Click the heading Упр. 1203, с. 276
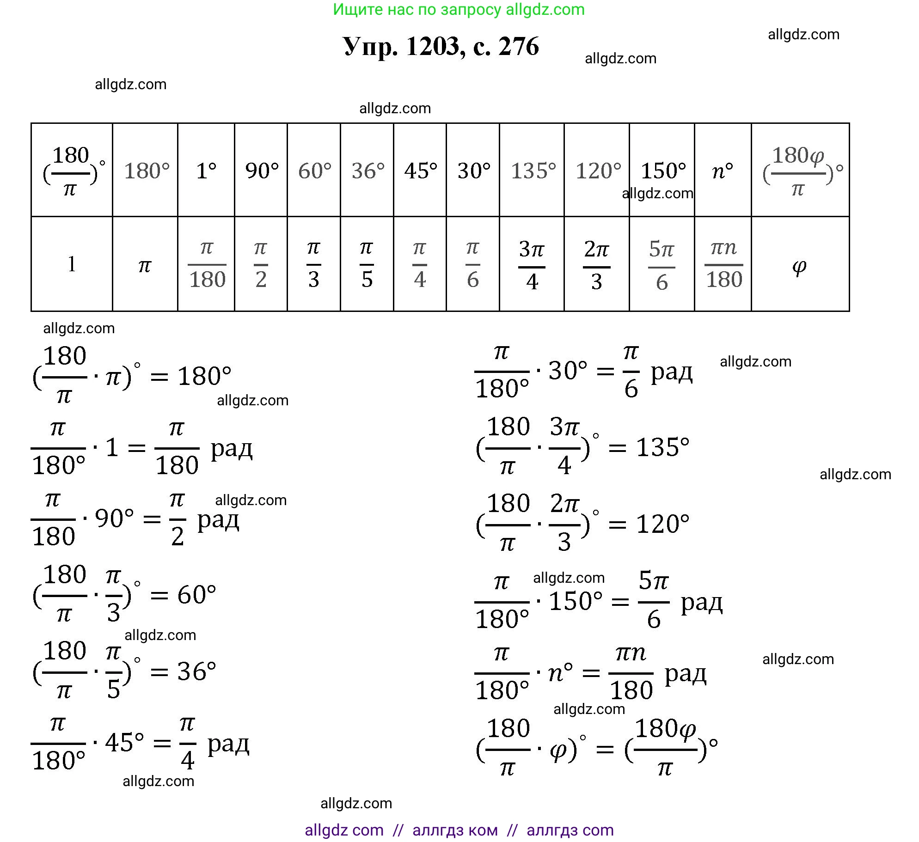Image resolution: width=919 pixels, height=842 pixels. [x=441, y=47]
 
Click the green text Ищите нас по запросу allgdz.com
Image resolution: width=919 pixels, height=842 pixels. [x=458, y=9]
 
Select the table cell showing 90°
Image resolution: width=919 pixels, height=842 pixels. [x=261, y=171]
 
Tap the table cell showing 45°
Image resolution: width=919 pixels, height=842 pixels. [x=420, y=171]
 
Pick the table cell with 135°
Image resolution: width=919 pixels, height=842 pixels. [x=533, y=171]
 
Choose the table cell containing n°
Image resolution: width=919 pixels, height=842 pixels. [x=723, y=171]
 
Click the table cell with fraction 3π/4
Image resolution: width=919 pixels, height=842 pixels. [x=532, y=265]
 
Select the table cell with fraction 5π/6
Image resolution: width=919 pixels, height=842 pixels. [x=662, y=265]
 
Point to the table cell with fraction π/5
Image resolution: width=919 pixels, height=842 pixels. [x=367, y=265]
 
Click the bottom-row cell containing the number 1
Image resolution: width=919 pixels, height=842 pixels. [x=72, y=265]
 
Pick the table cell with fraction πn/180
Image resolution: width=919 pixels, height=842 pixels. [x=723, y=265]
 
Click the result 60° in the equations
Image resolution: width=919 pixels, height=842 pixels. [x=196, y=595]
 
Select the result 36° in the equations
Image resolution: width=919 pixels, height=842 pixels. [x=196, y=671]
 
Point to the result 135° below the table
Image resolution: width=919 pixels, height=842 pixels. [x=662, y=447]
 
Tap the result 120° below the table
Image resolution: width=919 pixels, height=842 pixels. [x=662, y=524]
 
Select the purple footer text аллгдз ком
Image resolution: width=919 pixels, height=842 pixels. [x=455, y=830]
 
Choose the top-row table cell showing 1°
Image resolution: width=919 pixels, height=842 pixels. [x=206, y=171]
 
